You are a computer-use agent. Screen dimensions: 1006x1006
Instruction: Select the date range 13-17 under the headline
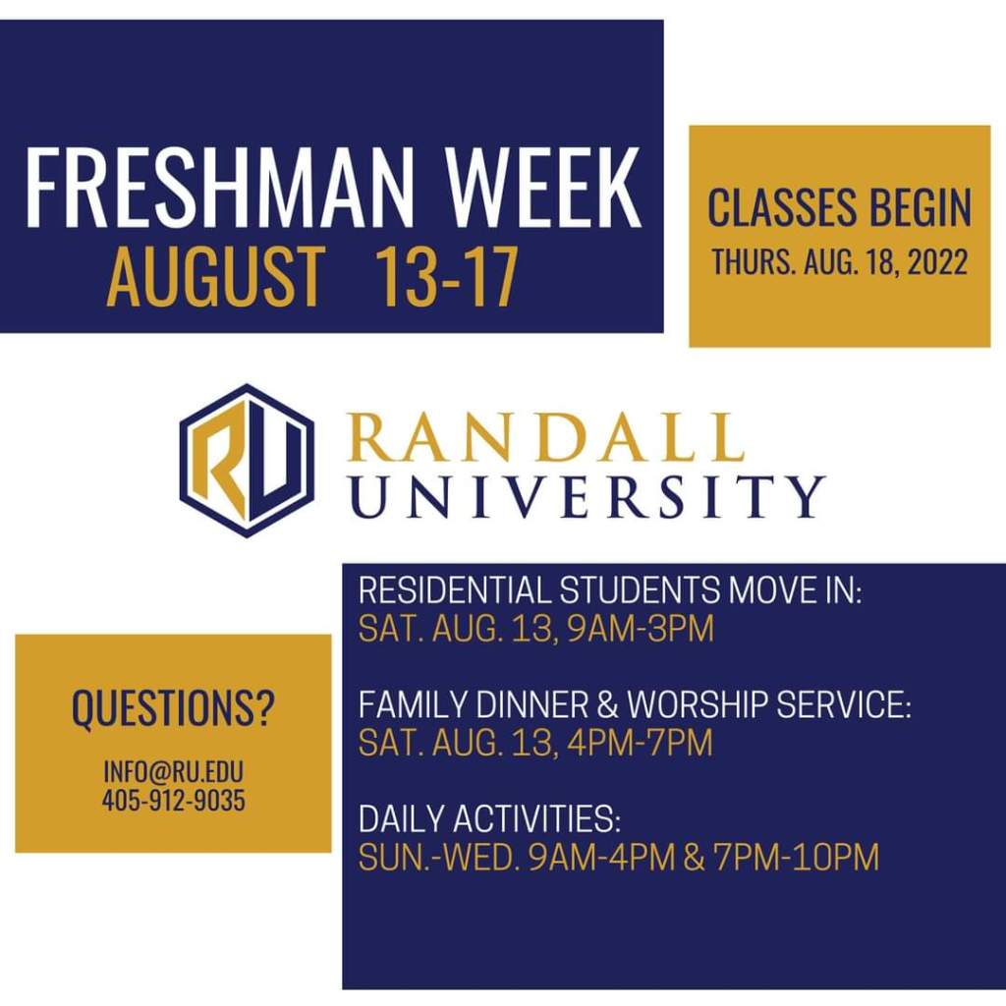point(446,276)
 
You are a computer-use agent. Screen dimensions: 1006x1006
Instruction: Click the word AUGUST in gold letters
point(216,276)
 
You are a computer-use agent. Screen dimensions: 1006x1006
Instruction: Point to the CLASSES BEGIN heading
point(839,207)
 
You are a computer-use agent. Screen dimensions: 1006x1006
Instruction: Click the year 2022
point(937,261)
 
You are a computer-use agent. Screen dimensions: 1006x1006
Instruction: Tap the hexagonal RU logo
point(247,460)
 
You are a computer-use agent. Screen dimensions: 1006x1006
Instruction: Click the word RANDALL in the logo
point(546,437)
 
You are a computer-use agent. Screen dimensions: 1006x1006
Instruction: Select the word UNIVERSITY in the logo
point(587,496)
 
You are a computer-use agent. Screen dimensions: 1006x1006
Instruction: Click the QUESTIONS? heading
point(173,709)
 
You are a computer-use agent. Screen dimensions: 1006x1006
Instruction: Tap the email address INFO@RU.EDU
point(173,772)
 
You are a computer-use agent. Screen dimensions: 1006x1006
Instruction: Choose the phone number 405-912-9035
point(173,800)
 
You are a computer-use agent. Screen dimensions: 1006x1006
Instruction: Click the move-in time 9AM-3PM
point(641,628)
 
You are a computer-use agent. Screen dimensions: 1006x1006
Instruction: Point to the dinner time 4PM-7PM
point(640,743)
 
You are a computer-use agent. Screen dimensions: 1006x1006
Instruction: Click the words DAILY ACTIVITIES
point(489,818)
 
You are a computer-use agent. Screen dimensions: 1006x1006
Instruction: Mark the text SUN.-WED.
point(439,857)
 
